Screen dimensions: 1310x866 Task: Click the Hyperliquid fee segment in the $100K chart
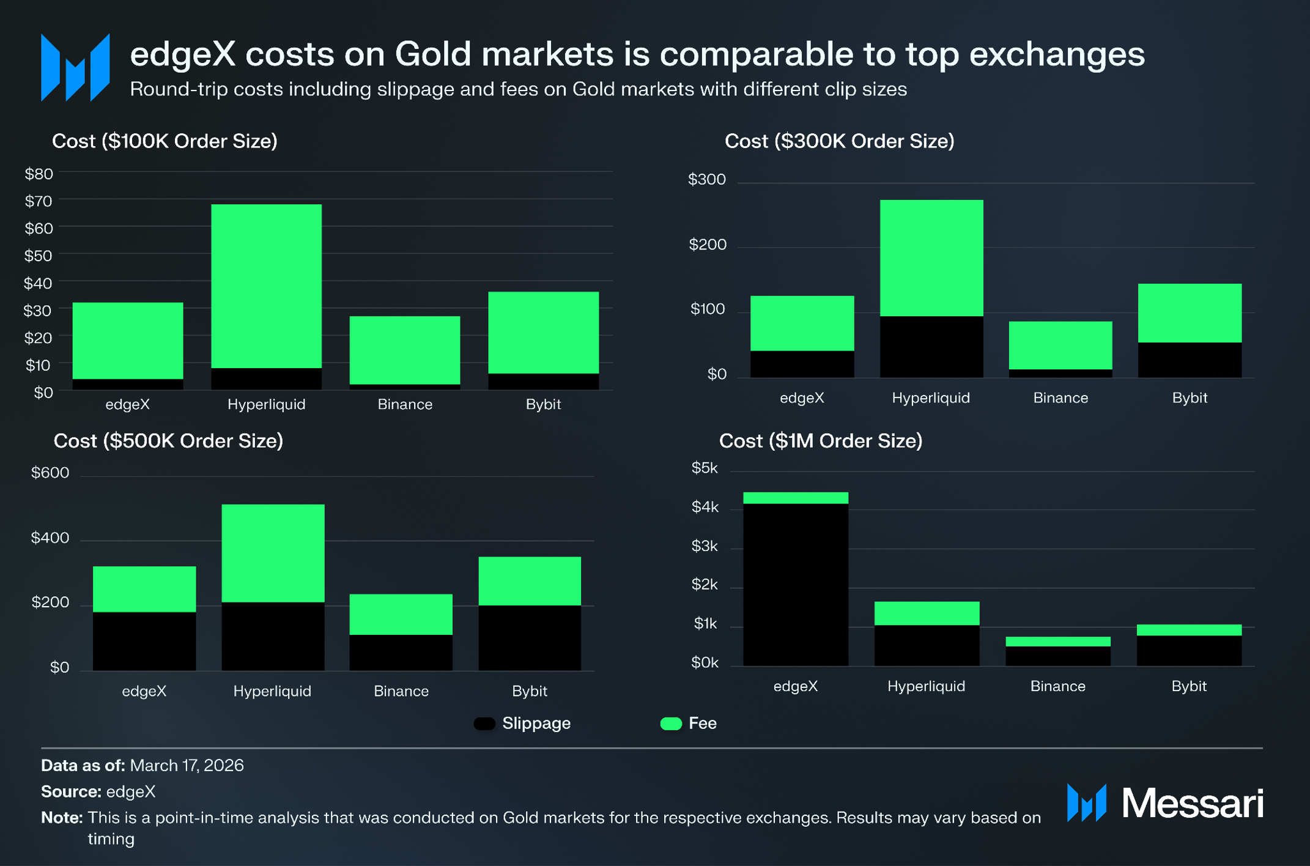click(x=266, y=286)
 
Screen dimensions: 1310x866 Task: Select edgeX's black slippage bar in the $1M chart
click(x=796, y=585)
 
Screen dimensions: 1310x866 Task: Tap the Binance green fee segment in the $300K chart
click(x=1060, y=346)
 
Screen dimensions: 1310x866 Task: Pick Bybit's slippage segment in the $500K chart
click(x=530, y=638)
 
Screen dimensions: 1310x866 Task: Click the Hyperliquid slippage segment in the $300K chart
click(x=931, y=347)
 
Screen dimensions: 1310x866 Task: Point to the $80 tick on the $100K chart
click(x=39, y=174)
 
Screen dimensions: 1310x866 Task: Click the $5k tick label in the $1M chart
click(x=705, y=468)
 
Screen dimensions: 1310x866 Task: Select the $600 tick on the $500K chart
click(x=50, y=473)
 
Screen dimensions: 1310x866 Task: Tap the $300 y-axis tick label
click(x=707, y=179)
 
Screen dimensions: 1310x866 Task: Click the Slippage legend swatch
click(x=484, y=724)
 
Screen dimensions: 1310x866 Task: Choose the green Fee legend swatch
click(x=671, y=724)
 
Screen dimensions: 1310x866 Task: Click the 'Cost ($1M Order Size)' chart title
click(x=821, y=441)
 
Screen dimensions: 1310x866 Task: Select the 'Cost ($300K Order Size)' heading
click(x=840, y=141)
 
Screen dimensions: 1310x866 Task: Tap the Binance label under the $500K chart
click(x=401, y=691)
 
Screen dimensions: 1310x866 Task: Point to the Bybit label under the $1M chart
click(x=1189, y=686)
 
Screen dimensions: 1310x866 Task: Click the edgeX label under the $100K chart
click(x=127, y=404)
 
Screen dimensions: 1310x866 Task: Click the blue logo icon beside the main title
click(x=75, y=67)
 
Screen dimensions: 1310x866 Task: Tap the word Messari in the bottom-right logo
click(x=1193, y=803)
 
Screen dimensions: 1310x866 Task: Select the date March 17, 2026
click(x=187, y=766)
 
